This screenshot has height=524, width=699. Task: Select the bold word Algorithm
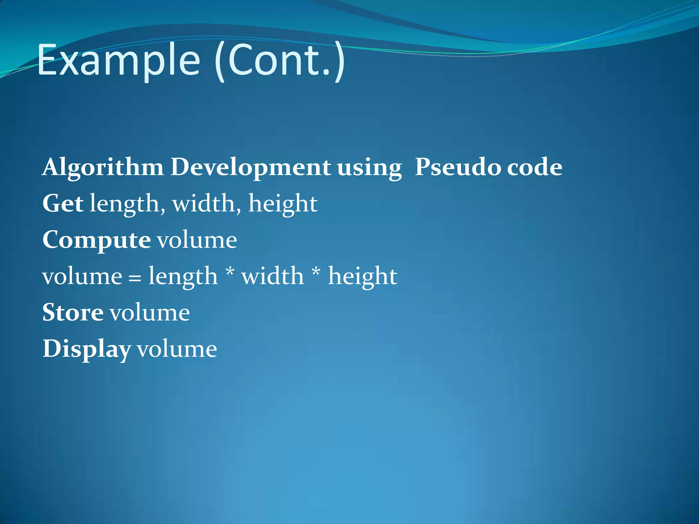pyautogui.click(x=103, y=168)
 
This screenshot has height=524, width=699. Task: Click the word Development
pyautogui.click(x=251, y=167)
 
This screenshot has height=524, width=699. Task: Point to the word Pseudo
pyautogui.click(x=457, y=167)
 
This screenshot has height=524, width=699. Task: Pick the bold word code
pyautogui.click(x=534, y=167)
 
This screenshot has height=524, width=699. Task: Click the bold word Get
pyautogui.click(x=63, y=203)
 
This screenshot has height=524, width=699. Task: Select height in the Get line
pyautogui.click(x=283, y=204)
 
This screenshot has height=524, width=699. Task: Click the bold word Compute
pyautogui.click(x=97, y=240)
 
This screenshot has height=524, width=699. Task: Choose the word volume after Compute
pyautogui.click(x=197, y=240)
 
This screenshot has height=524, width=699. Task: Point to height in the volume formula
pyautogui.click(x=362, y=276)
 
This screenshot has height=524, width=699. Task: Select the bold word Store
pyautogui.click(x=73, y=312)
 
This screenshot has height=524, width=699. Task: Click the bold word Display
pyautogui.click(x=87, y=349)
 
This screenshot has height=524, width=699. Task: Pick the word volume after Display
pyautogui.click(x=177, y=349)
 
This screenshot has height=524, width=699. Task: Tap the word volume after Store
pyautogui.click(x=149, y=312)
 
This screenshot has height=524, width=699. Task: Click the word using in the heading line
pyautogui.click(x=370, y=168)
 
